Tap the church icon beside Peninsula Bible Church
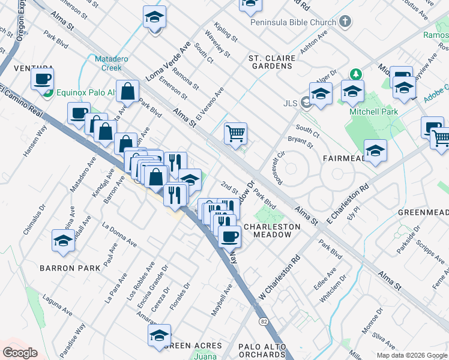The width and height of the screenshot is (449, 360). click(345, 22)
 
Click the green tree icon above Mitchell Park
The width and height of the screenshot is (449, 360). click(357, 74)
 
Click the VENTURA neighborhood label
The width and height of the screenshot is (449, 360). click(21, 68)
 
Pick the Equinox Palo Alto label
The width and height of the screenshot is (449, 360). click(88, 92)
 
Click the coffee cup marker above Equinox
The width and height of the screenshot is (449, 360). click(42, 79)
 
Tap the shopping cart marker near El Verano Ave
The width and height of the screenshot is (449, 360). click(235, 133)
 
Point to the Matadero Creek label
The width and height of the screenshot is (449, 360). click(108, 63)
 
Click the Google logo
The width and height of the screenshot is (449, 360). click(20, 353)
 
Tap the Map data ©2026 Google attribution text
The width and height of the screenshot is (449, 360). click(411, 355)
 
